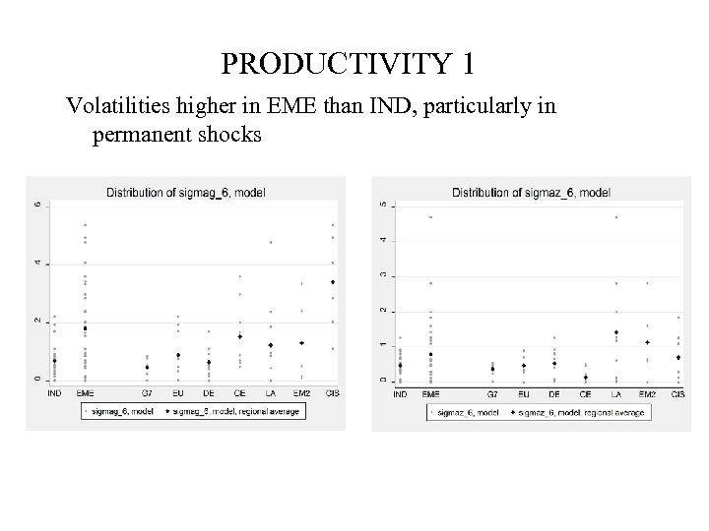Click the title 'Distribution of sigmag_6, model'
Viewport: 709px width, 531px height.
click(185, 192)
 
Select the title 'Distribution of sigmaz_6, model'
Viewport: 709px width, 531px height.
click(531, 193)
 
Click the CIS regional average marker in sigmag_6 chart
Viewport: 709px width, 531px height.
click(333, 282)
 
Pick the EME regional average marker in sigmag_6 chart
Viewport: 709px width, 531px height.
click(85, 328)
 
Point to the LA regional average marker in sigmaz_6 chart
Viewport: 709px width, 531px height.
click(616, 332)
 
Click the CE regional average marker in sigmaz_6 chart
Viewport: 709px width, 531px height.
click(586, 377)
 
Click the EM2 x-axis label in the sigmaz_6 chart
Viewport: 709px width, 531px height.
click(647, 394)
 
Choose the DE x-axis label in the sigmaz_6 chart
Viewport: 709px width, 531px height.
click(555, 394)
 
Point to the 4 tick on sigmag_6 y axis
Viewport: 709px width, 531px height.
click(37, 263)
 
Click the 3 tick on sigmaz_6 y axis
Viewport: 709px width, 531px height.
click(384, 275)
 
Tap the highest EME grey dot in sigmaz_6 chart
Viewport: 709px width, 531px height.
click(430, 217)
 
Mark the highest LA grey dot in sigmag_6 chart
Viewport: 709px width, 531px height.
click(271, 242)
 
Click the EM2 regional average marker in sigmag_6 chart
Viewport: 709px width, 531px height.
click(301, 343)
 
